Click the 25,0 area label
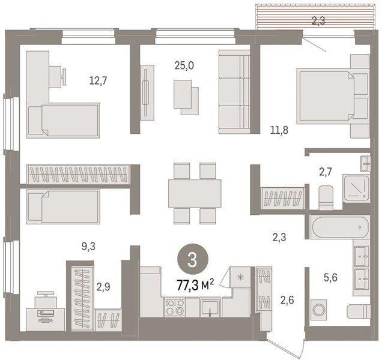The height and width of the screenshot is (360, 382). [x=184, y=66]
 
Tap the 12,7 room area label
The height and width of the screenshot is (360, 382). [x=98, y=80]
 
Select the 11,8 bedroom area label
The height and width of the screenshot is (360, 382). [x=279, y=130]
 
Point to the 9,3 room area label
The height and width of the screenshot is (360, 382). [x=88, y=247]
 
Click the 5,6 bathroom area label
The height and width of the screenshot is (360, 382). [x=330, y=277]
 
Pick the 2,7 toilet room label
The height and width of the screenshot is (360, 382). [x=326, y=172]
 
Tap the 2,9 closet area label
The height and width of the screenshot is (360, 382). [x=103, y=287]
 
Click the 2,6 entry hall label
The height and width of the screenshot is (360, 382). [x=287, y=300]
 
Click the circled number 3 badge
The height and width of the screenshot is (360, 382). [x=193, y=260]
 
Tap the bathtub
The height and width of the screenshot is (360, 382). [x=339, y=227]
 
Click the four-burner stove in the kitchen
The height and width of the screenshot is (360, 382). [x=175, y=307]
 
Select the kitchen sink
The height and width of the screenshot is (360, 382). [x=210, y=307]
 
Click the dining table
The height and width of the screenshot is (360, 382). [x=195, y=193]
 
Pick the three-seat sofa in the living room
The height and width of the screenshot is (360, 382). [x=234, y=92]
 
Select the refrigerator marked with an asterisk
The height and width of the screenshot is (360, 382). [x=240, y=277]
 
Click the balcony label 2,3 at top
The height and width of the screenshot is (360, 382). [x=318, y=21]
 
